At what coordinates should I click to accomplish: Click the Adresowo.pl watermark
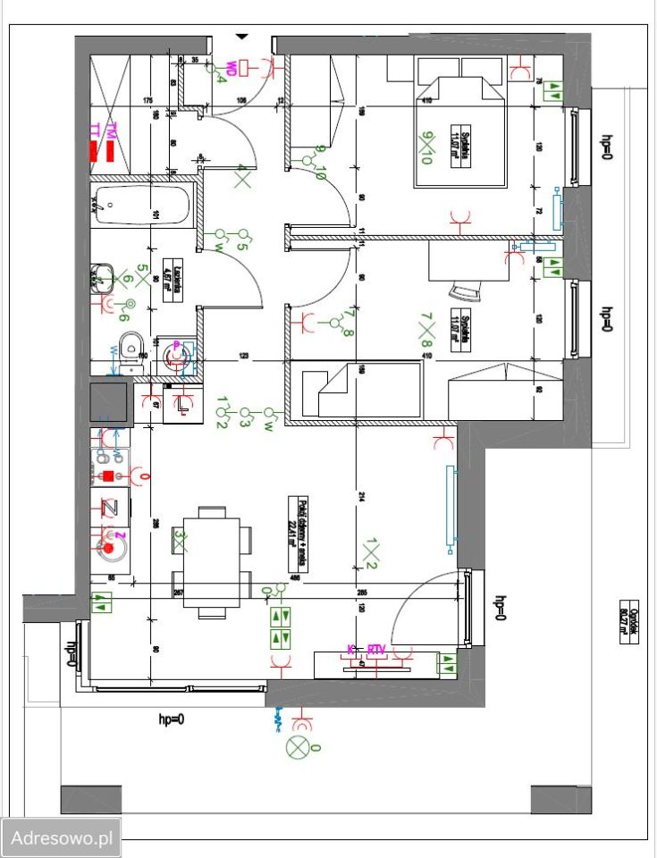[x=61, y=839]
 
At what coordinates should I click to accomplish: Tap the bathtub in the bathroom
[x=143, y=206]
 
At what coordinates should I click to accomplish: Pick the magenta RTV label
[x=376, y=650]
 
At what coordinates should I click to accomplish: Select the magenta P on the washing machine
[x=177, y=345]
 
